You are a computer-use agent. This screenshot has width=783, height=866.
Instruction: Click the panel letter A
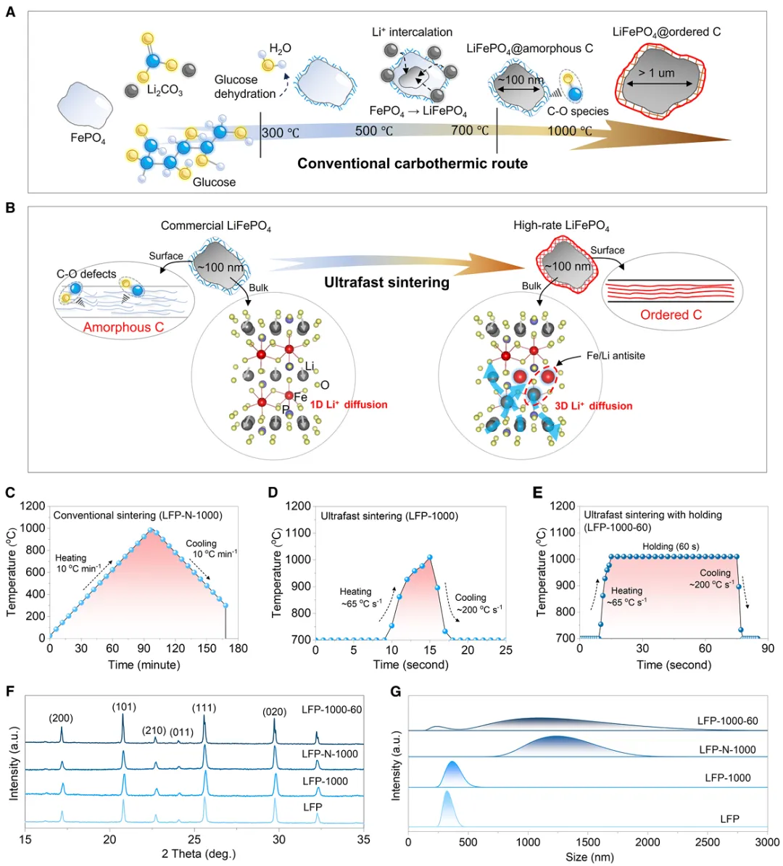10,12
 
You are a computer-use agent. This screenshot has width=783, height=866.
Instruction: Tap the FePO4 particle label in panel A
88,138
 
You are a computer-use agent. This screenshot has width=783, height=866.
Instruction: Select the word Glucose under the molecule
214,182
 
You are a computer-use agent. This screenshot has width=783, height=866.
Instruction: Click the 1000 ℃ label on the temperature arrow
569,131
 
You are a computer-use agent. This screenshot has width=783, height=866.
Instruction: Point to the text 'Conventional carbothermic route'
413,163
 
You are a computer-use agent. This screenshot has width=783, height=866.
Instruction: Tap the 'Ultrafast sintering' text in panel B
387,282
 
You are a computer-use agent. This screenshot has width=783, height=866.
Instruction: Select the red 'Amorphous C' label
123,327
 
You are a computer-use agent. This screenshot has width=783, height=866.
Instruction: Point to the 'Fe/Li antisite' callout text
616,355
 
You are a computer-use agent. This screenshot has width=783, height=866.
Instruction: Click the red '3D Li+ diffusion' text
594,406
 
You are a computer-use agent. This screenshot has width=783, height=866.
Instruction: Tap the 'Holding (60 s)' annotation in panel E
671,546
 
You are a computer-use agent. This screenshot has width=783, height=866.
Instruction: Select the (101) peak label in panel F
124,707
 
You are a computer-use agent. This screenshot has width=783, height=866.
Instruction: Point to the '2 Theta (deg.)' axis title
199,853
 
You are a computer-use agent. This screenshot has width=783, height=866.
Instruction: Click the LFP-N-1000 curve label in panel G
727,750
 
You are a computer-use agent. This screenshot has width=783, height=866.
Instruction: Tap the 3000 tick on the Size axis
767,842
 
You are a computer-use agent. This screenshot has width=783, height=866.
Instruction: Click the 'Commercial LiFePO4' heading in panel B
216,226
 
